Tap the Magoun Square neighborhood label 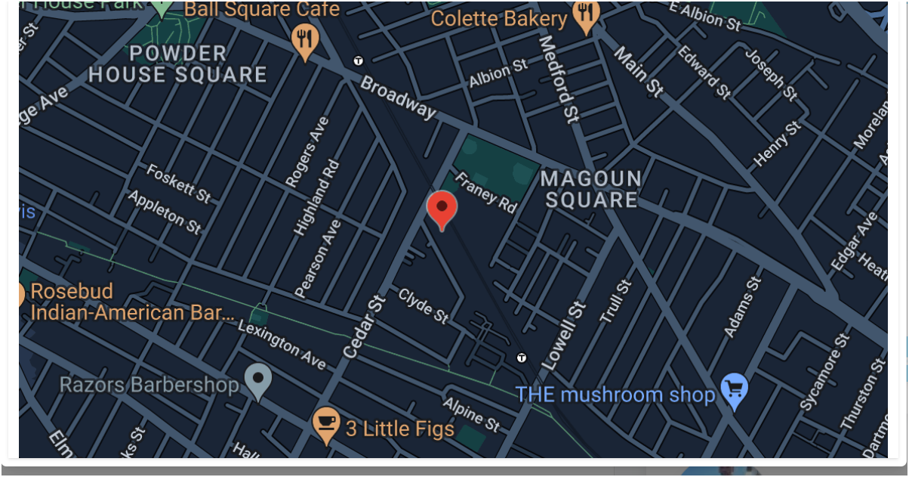[592, 190]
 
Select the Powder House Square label [178, 64]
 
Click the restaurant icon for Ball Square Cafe [304, 42]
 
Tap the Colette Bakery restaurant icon [586, 17]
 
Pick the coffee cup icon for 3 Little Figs [325, 426]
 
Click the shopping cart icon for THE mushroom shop [734, 391]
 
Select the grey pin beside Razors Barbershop [258, 381]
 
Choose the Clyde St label [424, 306]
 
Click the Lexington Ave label [282, 345]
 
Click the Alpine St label [472, 415]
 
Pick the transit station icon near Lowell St [521, 358]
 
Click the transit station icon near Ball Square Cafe [359, 60]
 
